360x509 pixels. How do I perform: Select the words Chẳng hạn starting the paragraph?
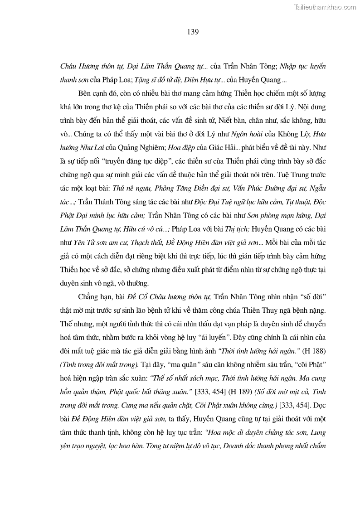point(93,299)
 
